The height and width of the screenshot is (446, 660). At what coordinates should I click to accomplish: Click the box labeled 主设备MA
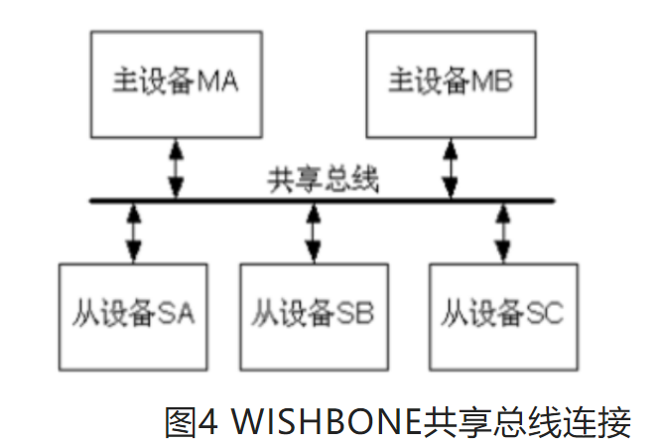(x=177, y=82)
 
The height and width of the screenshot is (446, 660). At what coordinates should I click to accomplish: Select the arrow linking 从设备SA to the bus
(x=132, y=232)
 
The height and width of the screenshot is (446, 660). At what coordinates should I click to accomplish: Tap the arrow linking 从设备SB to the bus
(x=313, y=232)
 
